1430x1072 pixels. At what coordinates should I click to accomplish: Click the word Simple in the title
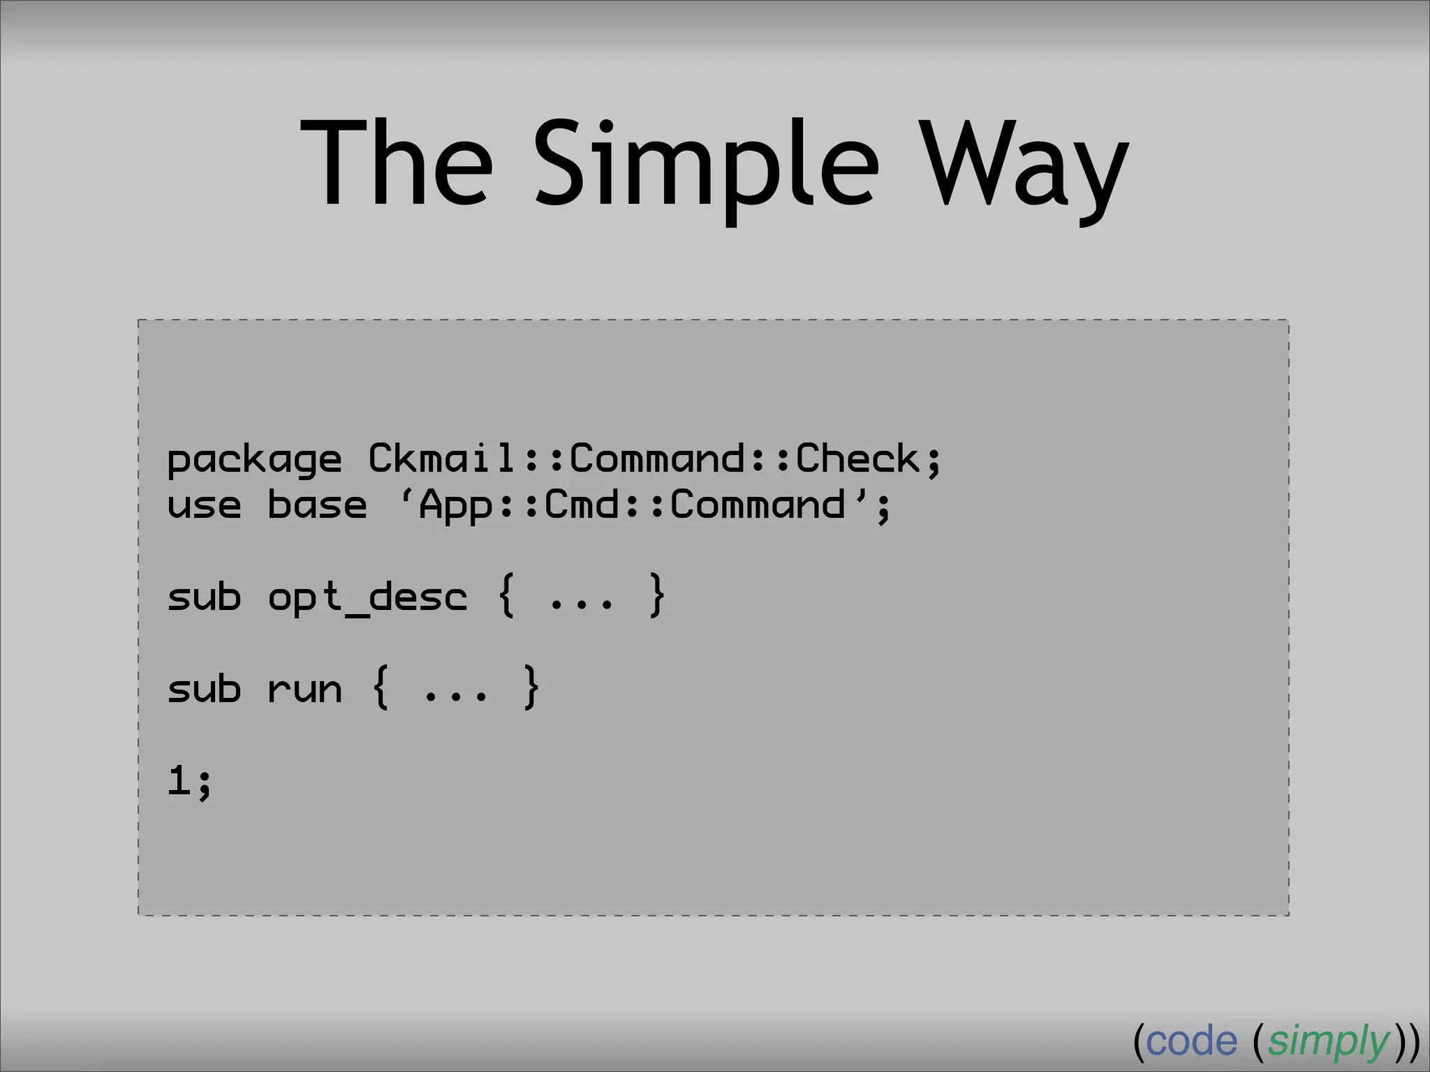coord(706,167)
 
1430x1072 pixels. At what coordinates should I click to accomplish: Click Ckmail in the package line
coord(441,459)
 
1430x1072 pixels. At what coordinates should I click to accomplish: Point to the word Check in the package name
coord(857,459)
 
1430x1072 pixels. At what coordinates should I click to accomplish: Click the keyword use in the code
coord(205,505)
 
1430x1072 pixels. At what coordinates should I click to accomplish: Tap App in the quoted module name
coord(455,505)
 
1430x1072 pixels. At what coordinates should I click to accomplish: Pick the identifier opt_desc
coord(367,597)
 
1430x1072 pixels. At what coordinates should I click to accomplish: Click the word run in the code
coord(305,690)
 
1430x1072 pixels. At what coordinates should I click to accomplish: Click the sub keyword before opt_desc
coord(205,597)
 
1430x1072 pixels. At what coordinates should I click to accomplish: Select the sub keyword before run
coord(205,689)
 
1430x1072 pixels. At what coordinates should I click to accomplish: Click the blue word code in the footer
coord(1191,1041)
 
